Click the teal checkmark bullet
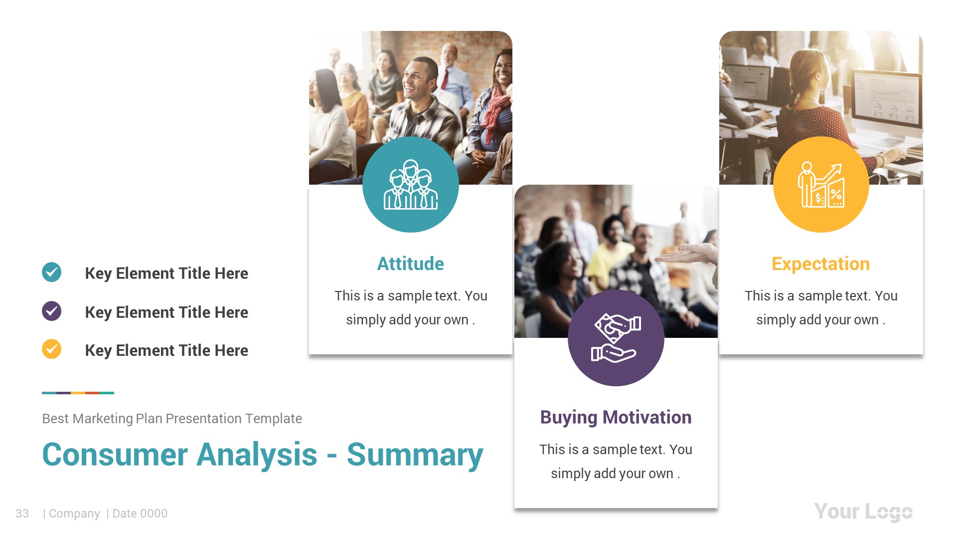[x=51, y=272]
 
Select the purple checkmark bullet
[x=51, y=311]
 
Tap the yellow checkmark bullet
[x=51, y=349]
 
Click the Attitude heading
[x=410, y=264]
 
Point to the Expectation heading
[x=820, y=264]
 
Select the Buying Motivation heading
[x=616, y=417]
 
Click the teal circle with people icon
[x=410, y=185]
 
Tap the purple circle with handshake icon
[x=616, y=338]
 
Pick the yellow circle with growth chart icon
[x=821, y=185]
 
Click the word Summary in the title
[x=415, y=455]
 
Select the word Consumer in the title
[x=115, y=455]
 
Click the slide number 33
[x=22, y=514]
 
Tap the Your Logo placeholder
[x=863, y=512]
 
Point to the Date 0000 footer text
[x=140, y=514]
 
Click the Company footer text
[x=74, y=514]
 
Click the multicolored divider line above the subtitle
[x=78, y=393]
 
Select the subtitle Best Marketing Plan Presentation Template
[x=172, y=418]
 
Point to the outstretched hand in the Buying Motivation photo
[x=685, y=256]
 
